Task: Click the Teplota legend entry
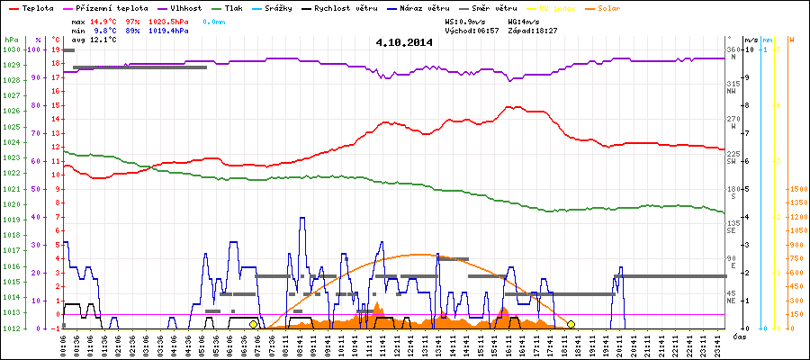(32, 7)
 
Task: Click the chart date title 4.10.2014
(405, 42)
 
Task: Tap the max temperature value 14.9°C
(106, 21)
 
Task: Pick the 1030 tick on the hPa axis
(11, 49)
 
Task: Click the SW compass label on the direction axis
(733, 161)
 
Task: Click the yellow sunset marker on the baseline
(571, 325)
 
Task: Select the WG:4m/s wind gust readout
(523, 21)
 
